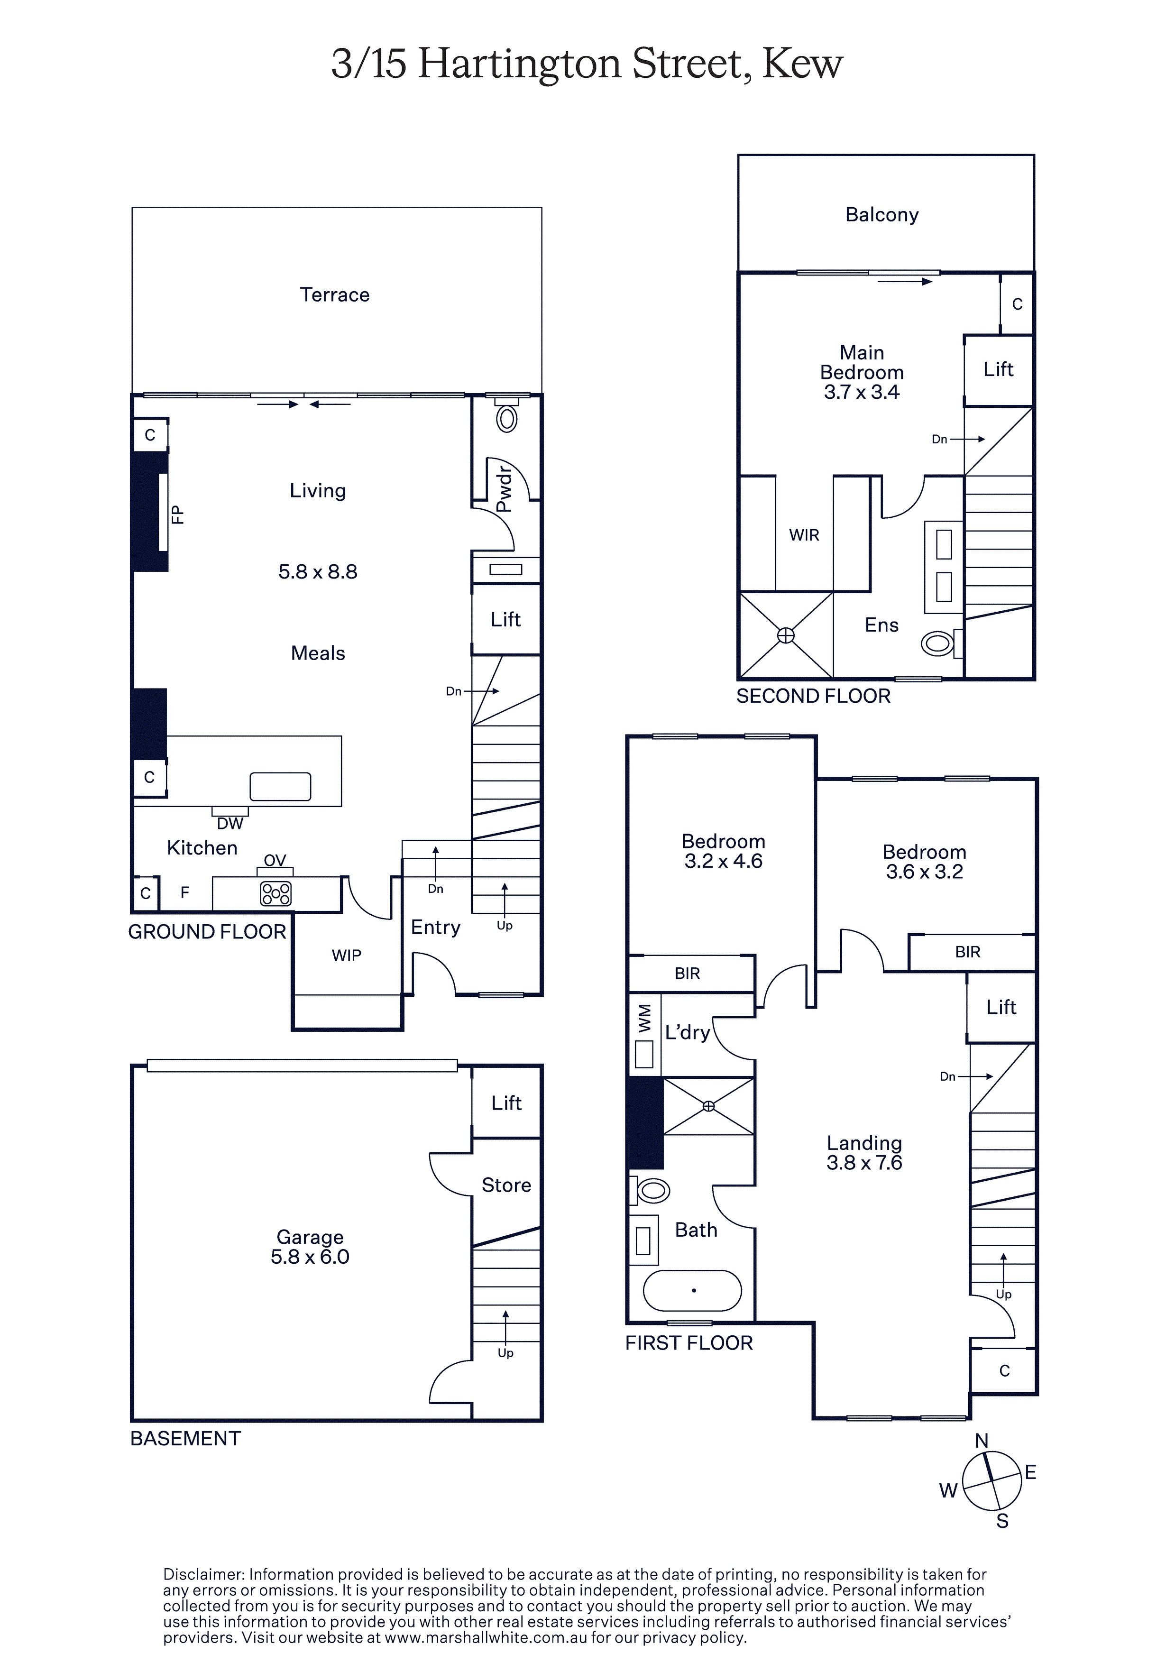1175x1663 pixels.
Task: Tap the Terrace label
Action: [x=335, y=295]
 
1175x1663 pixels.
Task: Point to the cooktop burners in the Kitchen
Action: [x=276, y=894]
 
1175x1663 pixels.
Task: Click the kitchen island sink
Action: [x=280, y=786]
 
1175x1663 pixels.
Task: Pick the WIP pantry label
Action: [x=346, y=956]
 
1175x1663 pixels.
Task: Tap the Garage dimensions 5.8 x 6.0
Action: [x=310, y=1257]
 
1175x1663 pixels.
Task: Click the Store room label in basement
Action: [x=506, y=1185]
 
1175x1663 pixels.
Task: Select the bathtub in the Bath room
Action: [x=693, y=1290]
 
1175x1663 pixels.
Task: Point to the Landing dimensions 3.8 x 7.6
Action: [x=864, y=1163]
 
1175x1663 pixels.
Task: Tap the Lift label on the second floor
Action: [x=998, y=369]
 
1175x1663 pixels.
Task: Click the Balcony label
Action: [x=881, y=215]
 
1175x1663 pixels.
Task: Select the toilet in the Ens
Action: [x=939, y=643]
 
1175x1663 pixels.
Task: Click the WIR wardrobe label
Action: [x=804, y=535]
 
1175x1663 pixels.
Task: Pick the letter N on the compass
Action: [x=982, y=1442]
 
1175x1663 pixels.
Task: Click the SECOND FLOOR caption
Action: [x=814, y=696]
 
